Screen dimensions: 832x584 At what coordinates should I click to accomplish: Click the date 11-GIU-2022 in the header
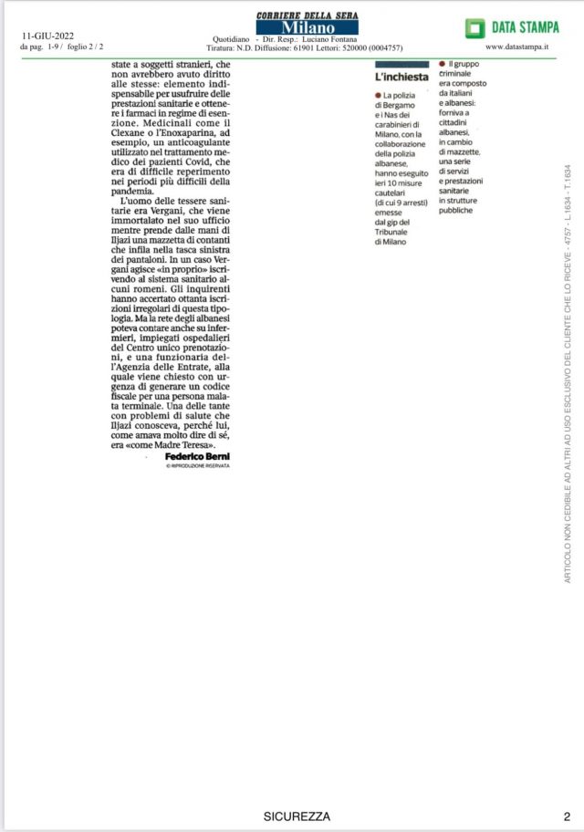(x=47, y=36)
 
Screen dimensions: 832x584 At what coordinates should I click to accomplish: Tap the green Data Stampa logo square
(x=474, y=28)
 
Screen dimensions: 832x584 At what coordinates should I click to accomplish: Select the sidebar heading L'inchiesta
(x=402, y=77)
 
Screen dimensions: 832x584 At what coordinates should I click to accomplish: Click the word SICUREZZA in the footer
(x=297, y=816)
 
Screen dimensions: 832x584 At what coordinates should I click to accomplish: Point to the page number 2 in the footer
(x=566, y=816)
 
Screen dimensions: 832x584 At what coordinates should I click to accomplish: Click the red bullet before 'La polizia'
(x=377, y=96)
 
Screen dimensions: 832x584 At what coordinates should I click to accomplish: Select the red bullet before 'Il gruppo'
(x=442, y=64)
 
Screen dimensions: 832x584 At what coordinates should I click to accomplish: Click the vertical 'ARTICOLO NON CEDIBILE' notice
(x=567, y=374)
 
